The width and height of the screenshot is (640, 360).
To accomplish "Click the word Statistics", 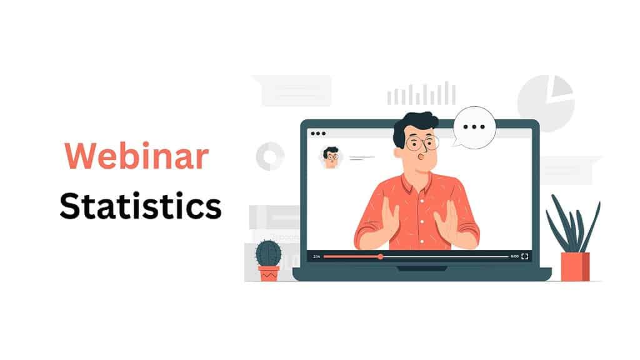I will click(141, 206).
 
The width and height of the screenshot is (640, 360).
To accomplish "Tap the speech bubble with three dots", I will click(474, 127).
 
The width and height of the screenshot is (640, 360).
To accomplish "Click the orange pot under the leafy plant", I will click(574, 266).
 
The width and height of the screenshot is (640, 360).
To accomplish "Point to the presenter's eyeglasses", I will click(422, 143).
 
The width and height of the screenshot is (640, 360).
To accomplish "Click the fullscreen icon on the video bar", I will click(524, 256).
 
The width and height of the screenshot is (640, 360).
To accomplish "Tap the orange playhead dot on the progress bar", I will click(380, 256).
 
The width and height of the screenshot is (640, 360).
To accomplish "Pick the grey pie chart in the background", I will click(545, 103).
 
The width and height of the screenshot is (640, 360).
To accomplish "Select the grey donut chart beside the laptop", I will click(270, 156).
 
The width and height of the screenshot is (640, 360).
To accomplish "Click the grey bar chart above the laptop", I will click(421, 94).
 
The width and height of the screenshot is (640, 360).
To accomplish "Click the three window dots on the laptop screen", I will click(318, 133).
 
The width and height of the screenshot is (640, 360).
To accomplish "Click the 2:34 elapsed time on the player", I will click(316, 256).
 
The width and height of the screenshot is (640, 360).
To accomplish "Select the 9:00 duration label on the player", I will click(514, 256).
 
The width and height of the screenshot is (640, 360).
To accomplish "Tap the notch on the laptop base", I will click(422, 269).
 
